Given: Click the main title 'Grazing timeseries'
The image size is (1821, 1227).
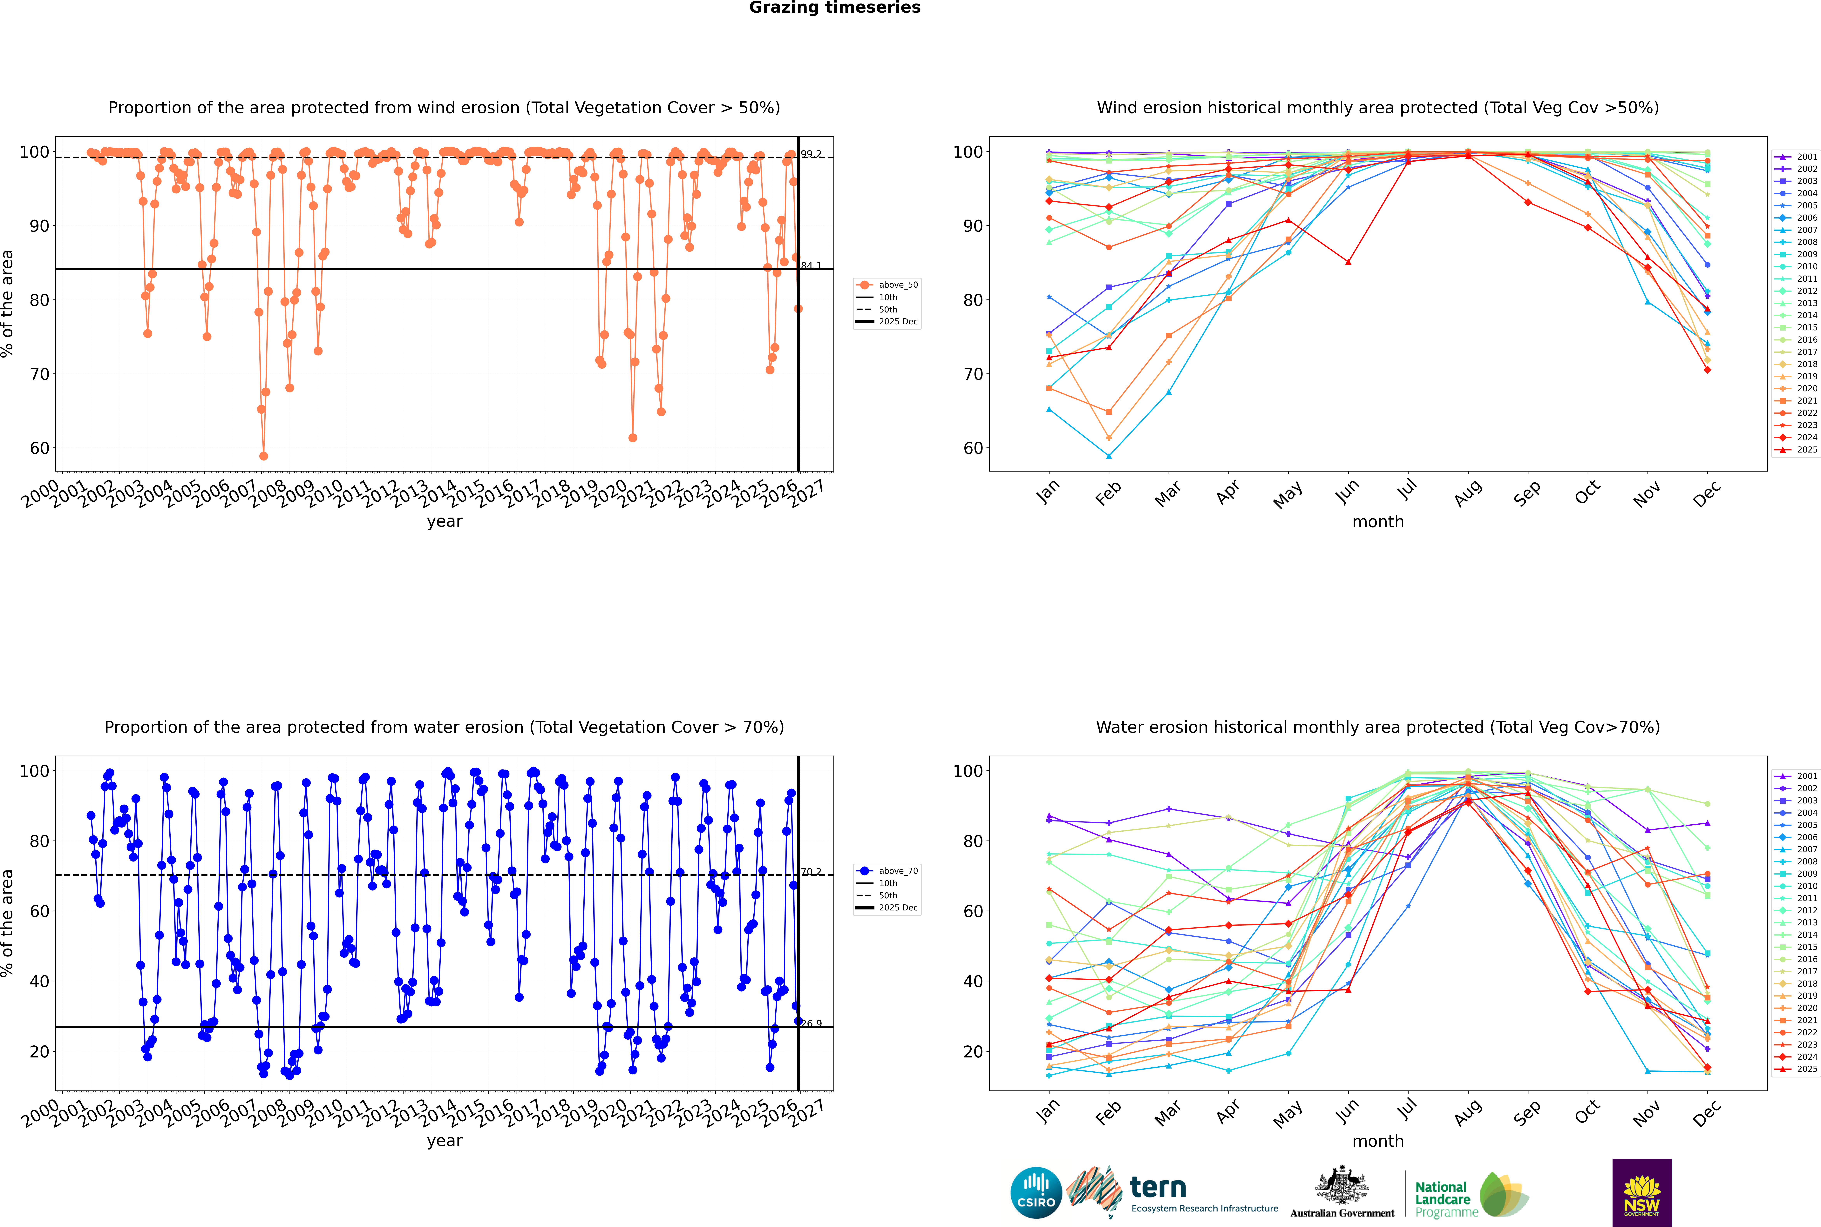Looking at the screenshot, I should point(835,8).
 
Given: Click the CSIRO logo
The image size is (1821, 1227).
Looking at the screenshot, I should point(1036,1193).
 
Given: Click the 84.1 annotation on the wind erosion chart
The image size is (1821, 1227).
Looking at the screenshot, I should point(811,266).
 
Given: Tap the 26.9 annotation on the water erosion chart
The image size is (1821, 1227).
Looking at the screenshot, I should point(811,1023).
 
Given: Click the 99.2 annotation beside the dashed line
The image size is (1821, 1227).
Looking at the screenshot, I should point(811,154).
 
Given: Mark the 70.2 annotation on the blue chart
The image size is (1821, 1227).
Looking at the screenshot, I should point(811,872).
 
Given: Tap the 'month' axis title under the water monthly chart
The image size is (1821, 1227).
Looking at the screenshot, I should point(1378,1141).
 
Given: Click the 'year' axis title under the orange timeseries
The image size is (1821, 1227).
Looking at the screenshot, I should point(444,521).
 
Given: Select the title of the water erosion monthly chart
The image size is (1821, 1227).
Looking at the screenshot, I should point(1378,727).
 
